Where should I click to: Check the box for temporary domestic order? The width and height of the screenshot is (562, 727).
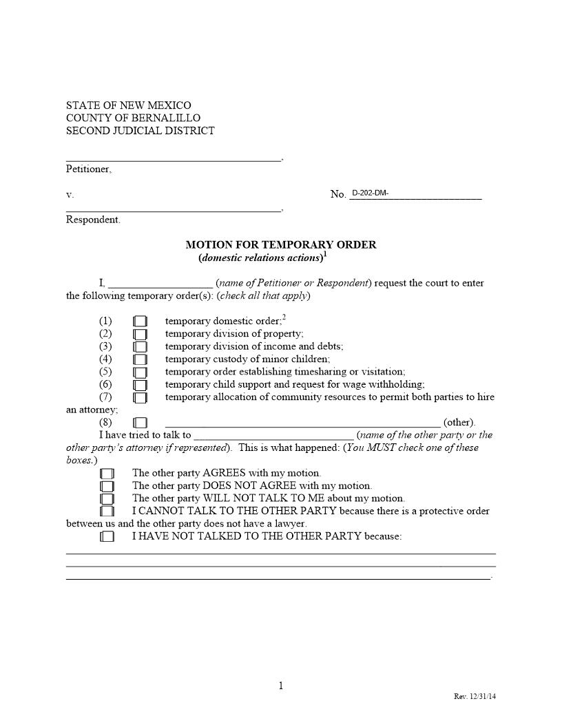tap(140, 322)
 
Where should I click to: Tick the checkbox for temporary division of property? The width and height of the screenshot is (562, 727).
tap(140, 334)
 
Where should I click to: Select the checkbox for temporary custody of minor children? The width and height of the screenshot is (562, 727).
tap(140, 359)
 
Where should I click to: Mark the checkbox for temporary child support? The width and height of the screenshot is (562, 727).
tap(140, 385)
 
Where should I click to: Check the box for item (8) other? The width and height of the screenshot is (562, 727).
tap(140, 423)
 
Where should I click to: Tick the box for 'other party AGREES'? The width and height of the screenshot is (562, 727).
tap(107, 474)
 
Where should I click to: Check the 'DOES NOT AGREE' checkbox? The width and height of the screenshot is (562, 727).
tap(107, 486)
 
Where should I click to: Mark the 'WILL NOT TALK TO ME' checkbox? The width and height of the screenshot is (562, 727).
tap(107, 498)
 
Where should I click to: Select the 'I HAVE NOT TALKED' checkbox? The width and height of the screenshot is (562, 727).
tap(107, 537)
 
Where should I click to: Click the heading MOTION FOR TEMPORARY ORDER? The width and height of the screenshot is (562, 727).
tap(281, 245)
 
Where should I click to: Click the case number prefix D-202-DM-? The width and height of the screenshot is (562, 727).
tap(371, 193)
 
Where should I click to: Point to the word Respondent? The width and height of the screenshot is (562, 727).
tap(92, 220)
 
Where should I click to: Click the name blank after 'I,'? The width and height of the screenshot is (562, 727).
tap(160, 284)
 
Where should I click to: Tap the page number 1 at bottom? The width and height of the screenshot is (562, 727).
tap(281, 685)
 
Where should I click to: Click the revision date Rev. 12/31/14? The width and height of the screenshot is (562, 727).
tap(475, 697)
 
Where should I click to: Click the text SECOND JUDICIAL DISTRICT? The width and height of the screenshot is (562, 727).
tap(140, 131)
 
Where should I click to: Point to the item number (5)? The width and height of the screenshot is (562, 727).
tap(105, 372)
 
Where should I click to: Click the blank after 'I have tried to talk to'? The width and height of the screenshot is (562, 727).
tap(273, 436)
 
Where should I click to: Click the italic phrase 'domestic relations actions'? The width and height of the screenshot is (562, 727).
tap(261, 258)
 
